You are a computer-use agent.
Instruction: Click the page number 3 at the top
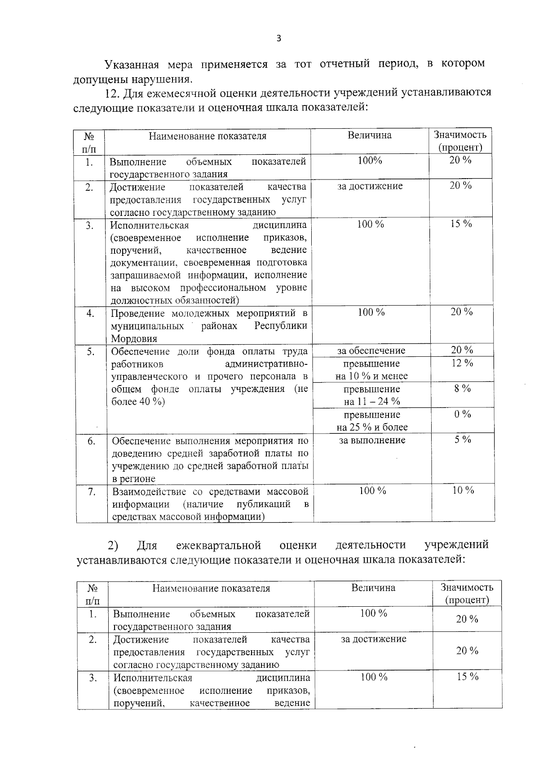(278, 39)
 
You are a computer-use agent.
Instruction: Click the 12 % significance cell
(462, 363)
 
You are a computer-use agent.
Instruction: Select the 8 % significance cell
(462, 389)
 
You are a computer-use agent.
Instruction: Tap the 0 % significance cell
(462, 414)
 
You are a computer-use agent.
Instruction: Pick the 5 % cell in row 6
(462, 440)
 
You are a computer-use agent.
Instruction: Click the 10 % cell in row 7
(463, 490)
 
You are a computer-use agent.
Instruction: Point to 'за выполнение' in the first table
(372, 440)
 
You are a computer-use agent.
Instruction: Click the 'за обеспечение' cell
(371, 350)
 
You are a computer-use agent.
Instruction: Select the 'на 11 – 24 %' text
(372, 402)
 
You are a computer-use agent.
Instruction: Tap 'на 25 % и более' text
(372, 427)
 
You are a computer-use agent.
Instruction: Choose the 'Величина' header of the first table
(369, 136)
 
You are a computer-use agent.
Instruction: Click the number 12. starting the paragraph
(113, 93)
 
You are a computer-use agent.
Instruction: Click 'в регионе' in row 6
(133, 479)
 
